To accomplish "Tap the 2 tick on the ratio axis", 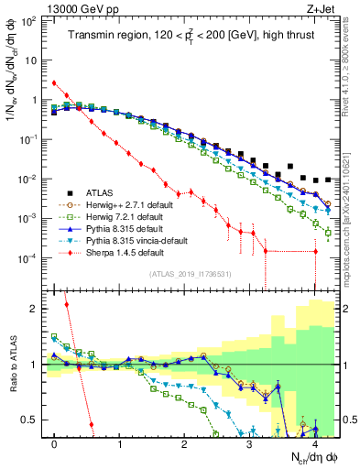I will [37, 309].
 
